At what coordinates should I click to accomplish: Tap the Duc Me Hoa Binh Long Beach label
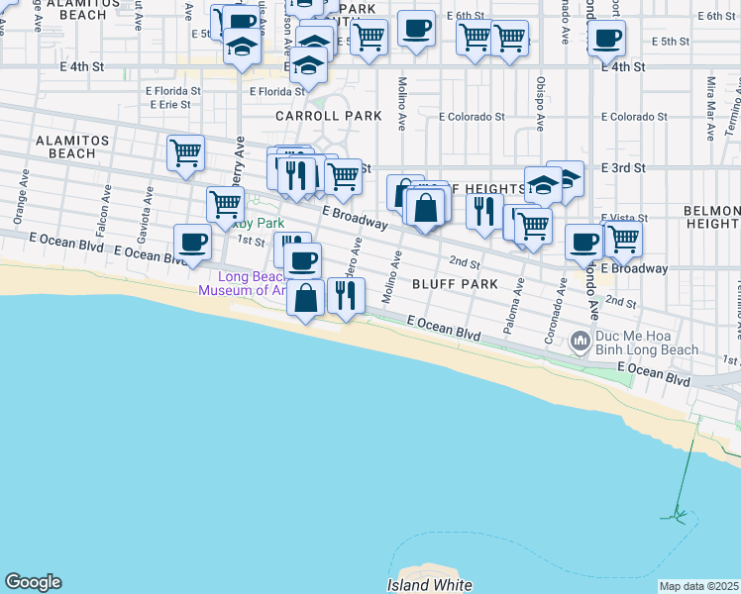click(647, 344)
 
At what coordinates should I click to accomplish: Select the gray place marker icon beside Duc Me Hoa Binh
click(582, 342)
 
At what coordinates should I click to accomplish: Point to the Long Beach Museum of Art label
click(242, 284)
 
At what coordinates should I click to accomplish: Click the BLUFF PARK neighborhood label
click(456, 284)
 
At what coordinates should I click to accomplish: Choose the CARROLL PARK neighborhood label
click(328, 116)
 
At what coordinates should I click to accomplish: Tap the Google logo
click(33, 582)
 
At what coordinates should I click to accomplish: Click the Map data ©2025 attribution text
click(699, 586)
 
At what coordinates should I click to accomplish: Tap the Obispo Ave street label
click(541, 104)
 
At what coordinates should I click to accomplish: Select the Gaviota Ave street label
click(147, 210)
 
